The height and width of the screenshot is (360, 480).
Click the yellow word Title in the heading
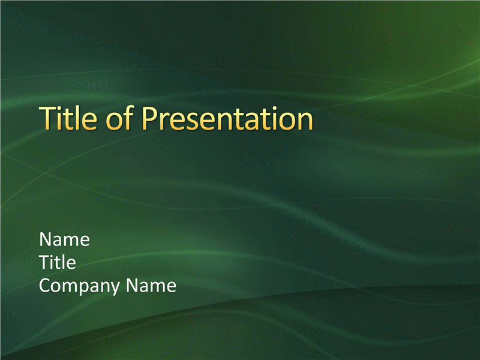click(x=68, y=118)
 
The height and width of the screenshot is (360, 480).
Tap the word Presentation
click(x=227, y=118)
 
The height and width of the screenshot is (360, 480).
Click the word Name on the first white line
click(x=64, y=239)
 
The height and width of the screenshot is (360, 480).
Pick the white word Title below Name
click(x=58, y=262)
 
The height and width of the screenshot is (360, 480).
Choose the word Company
click(x=79, y=286)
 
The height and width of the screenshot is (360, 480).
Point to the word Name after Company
click(x=151, y=286)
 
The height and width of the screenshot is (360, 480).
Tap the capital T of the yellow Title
click(x=47, y=118)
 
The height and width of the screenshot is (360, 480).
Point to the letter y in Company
click(x=115, y=289)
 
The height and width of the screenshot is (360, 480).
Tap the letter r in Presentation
click(x=166, y=122)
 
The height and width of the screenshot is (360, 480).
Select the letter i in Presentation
click(x=278, y=118)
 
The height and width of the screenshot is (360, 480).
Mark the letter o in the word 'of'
click(x=113, y=122)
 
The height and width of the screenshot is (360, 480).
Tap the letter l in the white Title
click(x=63, y=262)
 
